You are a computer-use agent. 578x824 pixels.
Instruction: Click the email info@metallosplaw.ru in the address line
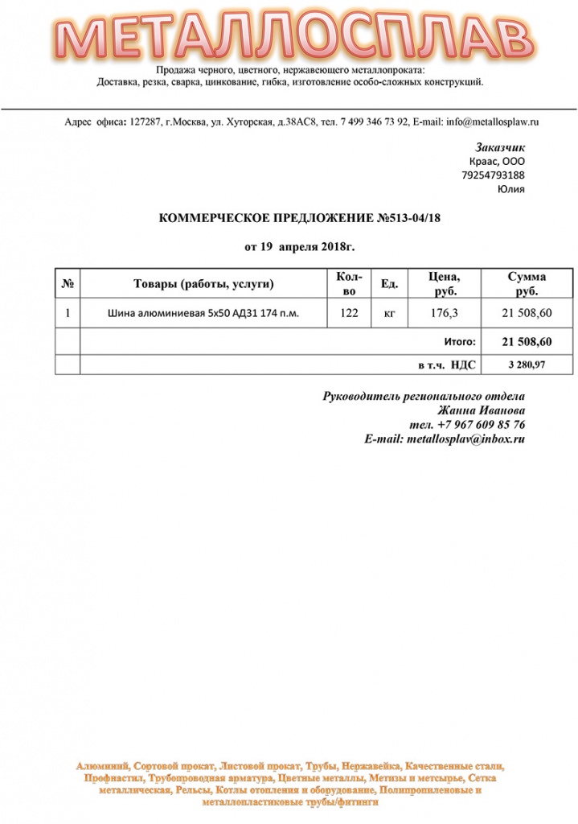coord(492,122)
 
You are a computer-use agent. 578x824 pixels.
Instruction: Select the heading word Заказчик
coord(500,148)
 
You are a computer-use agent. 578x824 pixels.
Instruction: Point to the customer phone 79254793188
coord(494,175)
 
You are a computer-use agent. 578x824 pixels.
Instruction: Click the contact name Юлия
coord(511,189)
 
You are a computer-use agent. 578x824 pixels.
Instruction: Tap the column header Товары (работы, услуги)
coord(203,283)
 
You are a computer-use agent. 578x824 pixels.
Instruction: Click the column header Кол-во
coord(349,283)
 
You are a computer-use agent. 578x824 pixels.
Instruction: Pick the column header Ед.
coord(389,283)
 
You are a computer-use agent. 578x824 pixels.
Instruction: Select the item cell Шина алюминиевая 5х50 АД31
coord(203,313)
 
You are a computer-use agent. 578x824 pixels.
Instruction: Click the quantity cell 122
coord(349,313)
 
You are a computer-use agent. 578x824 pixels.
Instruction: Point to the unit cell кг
coord(389,313)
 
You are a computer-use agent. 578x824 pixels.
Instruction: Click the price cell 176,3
coord(445,313)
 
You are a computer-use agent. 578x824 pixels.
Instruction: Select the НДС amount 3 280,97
coord(527,365)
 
